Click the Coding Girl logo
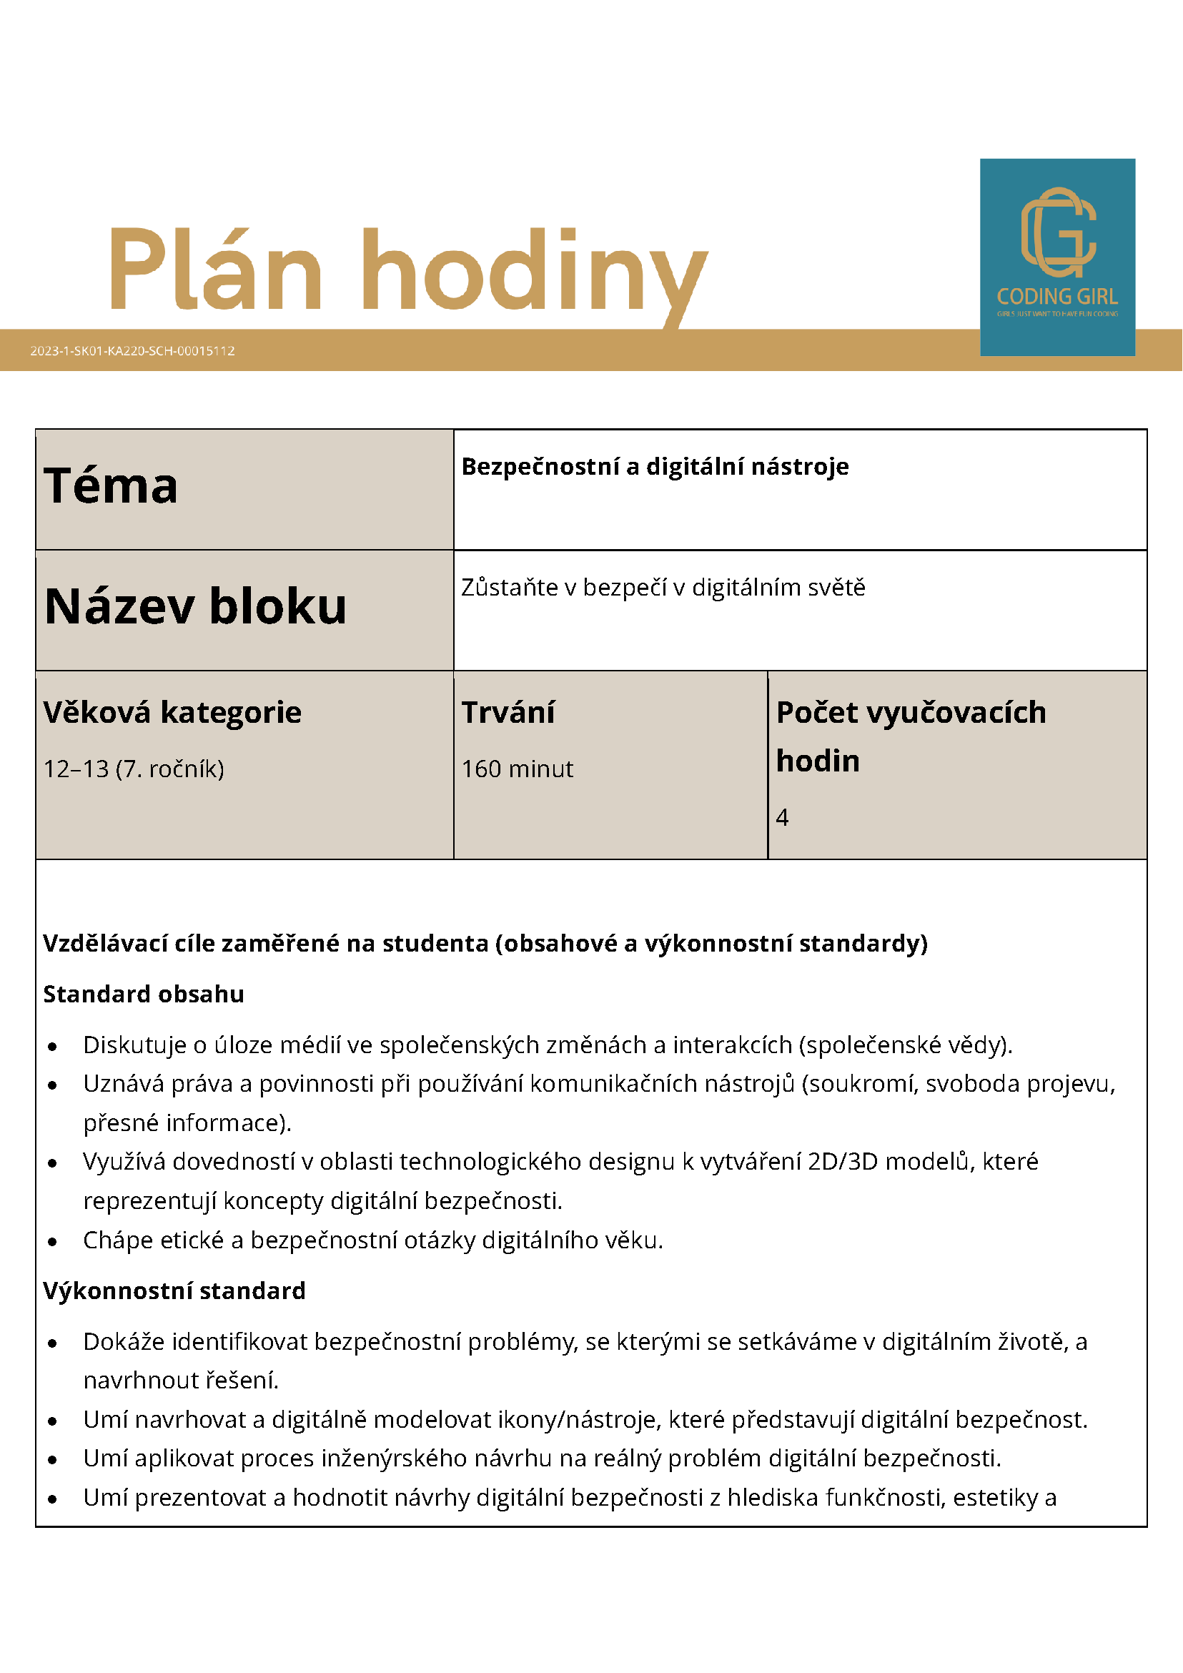tap(1057, 257)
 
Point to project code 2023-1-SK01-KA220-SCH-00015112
tap(132, 350)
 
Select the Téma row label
tap(111, 486)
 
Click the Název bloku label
tap(195, 606)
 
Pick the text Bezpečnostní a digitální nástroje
tap(655, 466)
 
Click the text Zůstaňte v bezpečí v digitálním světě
tap(663, 587)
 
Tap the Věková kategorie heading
tap(172, 712)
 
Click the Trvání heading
tap(508, 712)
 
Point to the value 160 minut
tap(518, 769)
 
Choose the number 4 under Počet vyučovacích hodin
tap(783, 818)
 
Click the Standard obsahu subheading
tap(144, 994)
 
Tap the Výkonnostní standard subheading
tap(174, 1290)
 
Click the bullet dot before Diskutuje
tap(52, 1047)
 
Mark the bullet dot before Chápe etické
tap(52, 1242)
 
